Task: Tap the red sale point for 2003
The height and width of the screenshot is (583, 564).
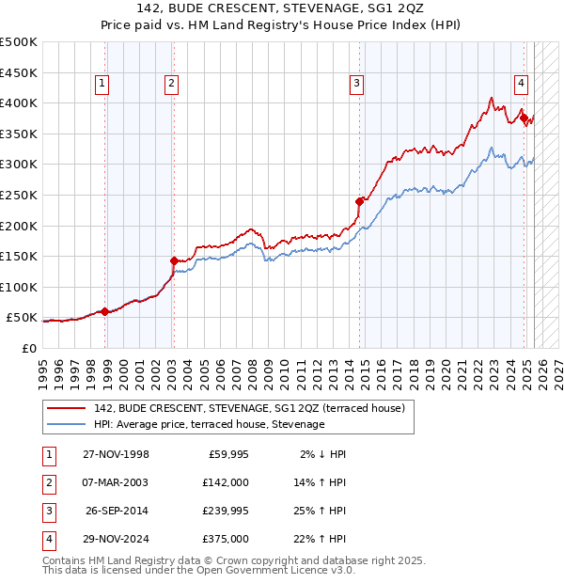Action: click(174, 260)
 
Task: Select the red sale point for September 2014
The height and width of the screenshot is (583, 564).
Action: click(359, 200)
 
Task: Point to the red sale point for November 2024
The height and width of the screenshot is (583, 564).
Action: click(524, 118)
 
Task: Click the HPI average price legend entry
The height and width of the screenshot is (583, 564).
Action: click(209, 425)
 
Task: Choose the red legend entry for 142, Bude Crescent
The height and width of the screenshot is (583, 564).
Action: click(249, 408)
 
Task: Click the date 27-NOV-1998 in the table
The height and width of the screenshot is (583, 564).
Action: click(116, 454)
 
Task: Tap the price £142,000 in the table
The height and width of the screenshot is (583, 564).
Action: click(226, 482)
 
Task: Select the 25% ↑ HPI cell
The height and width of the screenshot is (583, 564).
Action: click(321, 511)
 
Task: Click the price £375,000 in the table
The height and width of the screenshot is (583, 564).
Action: click(226, 539)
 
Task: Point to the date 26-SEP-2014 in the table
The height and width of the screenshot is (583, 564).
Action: click(117, 511)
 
